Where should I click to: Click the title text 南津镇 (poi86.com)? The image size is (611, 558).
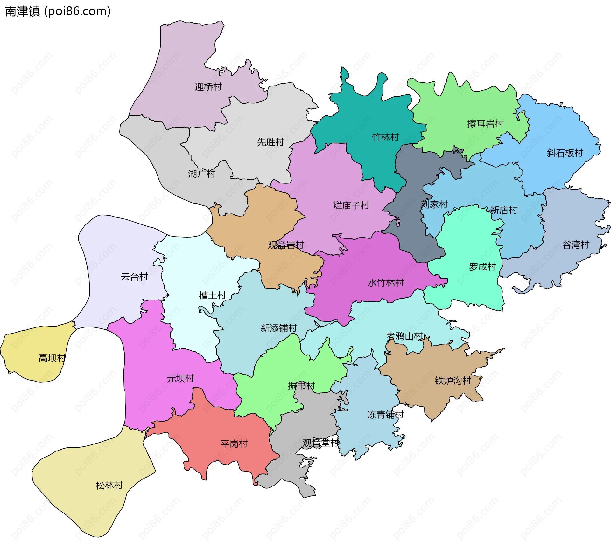[58, 11]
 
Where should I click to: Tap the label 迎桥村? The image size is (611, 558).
[208, 86]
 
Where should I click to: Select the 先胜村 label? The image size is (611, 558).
[270, 142]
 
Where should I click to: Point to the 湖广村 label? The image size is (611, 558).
[201, 174]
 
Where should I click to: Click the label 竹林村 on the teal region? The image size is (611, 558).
[385, 137]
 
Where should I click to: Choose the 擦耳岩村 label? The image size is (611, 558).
[485, 123]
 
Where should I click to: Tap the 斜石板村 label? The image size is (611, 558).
[565, 153]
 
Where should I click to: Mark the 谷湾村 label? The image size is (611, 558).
[576, 245]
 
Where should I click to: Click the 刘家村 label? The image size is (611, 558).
[434, 204]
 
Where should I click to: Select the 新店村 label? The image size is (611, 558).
[503, 210]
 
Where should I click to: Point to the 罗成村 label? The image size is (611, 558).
[482, 266]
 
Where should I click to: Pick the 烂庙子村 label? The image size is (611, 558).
[351, 205]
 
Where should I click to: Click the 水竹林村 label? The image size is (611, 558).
[385, 282]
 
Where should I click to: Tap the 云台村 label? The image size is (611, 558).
[134, 277]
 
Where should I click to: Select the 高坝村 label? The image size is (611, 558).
[52, 358]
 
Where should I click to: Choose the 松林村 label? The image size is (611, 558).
[109, 485]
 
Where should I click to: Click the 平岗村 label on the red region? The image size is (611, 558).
[234, 444]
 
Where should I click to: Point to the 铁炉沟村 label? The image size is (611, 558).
[453, 380]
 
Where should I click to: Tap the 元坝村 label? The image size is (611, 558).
[180, 378]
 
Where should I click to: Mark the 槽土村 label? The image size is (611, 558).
[212, 295]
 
